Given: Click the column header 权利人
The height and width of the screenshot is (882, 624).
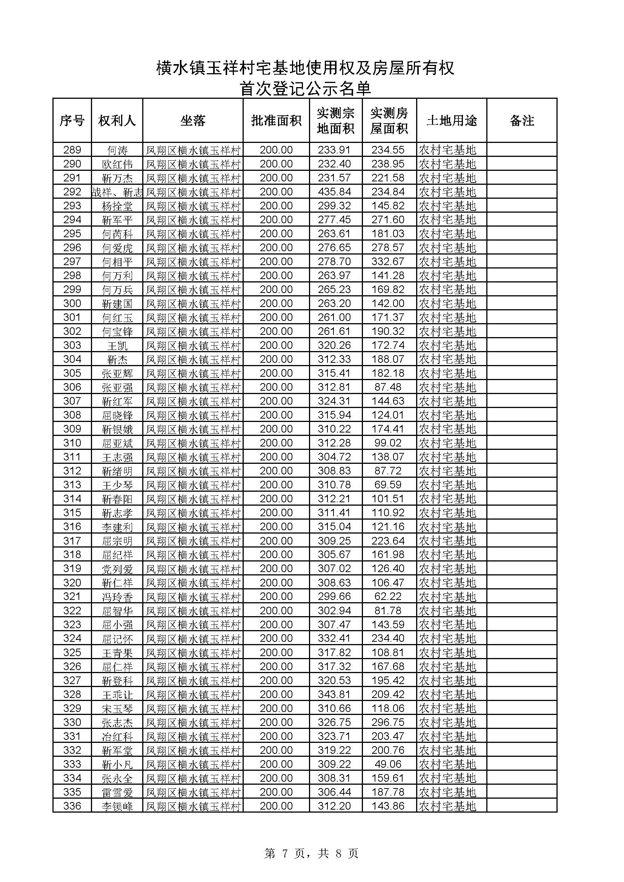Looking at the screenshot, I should (x=117, y=121).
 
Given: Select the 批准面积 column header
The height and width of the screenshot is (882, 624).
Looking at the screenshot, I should (x=276, y=121).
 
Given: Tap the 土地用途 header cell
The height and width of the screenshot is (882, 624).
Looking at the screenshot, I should (x=452, y=121).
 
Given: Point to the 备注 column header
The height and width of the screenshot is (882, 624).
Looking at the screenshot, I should (x=522, y=121).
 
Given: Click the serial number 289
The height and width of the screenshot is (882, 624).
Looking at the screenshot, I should (x=72, y=150).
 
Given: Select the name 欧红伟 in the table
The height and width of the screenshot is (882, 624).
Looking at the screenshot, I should (x=117, y=164).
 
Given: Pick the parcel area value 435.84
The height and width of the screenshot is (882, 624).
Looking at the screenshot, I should (x=334, y=192).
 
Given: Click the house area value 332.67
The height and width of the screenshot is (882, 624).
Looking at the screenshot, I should (x=388, y=262).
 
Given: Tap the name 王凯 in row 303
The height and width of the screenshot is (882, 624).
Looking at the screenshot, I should (x=117, y=345).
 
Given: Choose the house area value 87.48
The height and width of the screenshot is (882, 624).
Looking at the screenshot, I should (x=388, y=387).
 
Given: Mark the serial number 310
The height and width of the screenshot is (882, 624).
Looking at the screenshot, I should (x=72, y=443).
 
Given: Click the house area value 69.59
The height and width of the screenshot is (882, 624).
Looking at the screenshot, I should (x=388, y=485).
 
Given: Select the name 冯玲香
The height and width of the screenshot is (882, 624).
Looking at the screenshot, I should (x=117, y=597).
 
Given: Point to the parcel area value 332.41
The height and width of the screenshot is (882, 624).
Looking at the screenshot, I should (x=334, y=638).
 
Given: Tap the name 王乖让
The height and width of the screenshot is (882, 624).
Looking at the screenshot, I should (x=117, y=695).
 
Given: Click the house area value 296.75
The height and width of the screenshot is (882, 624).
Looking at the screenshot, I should (x=388, y=722).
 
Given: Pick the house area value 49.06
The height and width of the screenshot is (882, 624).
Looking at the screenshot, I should (x=388, y=764).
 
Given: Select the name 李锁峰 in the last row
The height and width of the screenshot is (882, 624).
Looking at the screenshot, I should (x=117, y=806).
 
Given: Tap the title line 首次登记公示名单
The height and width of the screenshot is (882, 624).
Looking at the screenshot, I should (x=305, y=89).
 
